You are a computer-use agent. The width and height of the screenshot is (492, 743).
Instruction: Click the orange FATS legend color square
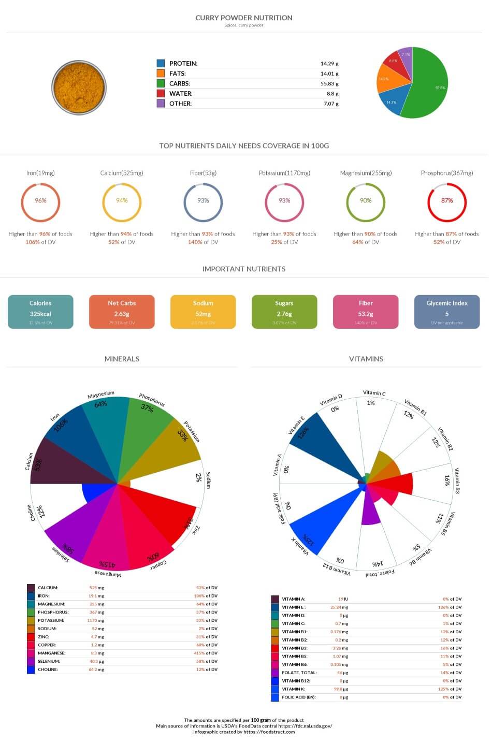[161, 74]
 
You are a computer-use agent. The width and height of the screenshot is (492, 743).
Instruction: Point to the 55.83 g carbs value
[329, 83]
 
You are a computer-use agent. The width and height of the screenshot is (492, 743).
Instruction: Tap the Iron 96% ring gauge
[40, 201]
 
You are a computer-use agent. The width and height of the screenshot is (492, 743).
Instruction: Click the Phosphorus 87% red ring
[446, 201]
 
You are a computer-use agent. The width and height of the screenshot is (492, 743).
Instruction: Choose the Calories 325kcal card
[40, 312]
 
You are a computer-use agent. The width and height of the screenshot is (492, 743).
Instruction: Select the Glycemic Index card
[446, 312]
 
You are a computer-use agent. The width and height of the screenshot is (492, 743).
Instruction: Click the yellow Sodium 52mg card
[203, 312]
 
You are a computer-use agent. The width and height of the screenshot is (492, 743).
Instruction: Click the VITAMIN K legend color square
[275, 689]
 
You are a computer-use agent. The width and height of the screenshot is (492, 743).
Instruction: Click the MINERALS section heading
[122, 359]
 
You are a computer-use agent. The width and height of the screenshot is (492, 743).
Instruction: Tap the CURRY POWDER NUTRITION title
[244, 18]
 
